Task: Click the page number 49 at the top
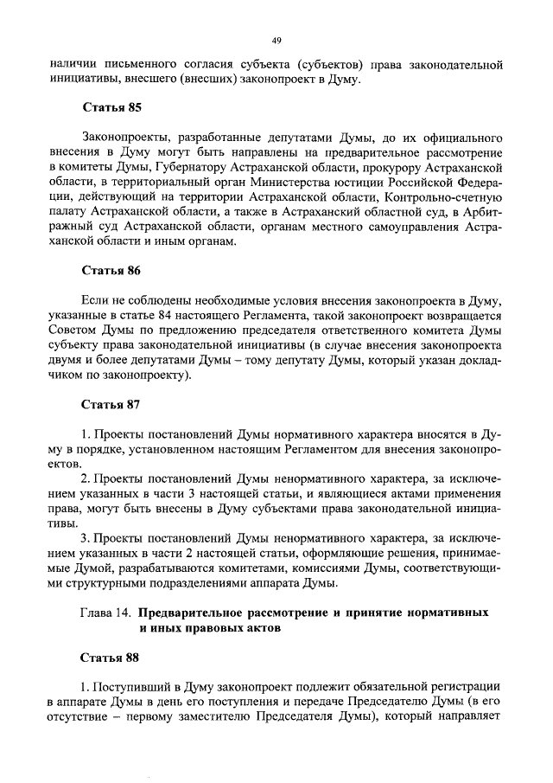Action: [x=276, y=40]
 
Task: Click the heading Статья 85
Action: [x=111, y=109]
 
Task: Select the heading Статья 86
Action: [x=111, y=271]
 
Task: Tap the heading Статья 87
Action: [x=111, y=403]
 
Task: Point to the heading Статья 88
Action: [x=111, y=658]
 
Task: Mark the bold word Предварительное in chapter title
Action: [x=192, y=612]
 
